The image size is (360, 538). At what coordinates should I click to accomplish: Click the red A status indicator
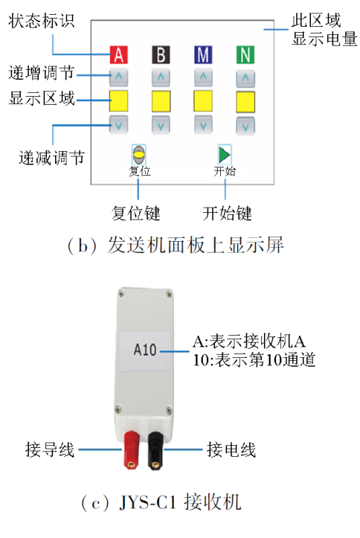118,54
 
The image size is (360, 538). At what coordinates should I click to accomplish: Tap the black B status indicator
161,54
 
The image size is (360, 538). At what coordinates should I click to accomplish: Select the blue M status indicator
203,54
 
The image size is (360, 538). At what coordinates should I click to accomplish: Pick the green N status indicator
245,54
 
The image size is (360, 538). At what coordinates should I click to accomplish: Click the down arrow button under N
245,126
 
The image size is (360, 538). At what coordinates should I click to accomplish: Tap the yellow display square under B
161,101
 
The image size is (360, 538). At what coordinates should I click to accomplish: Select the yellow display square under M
203,101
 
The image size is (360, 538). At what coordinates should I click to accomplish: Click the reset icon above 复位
139,155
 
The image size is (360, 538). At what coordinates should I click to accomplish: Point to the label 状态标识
41,21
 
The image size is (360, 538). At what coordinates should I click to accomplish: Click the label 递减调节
51,158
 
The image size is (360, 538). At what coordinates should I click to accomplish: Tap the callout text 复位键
136,213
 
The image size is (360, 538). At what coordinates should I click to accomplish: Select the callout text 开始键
227,213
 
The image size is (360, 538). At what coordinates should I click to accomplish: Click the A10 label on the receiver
145,350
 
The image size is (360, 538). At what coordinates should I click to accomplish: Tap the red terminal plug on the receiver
131,450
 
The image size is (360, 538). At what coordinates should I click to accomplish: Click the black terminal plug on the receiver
155,450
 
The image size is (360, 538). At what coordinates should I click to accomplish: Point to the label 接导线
50,449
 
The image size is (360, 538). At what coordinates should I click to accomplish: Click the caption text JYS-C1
147,503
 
